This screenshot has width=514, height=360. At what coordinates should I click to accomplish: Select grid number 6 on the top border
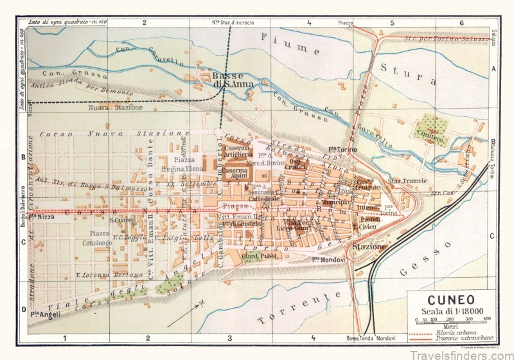tap(461, 22)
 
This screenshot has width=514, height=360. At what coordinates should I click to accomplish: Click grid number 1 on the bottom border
tap(64, 337)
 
